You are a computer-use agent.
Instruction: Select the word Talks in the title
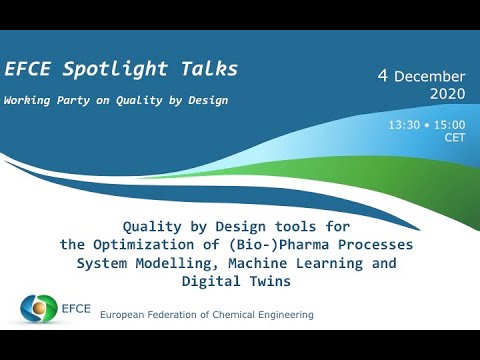pyautogui.click(x=208, y=69)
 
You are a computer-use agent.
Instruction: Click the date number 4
pyautogui.click(x=382, y=76)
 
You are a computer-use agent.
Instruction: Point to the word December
pyautogui.click(x=430, y=77)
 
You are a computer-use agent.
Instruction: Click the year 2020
pyautogui.click(x=447, y=94)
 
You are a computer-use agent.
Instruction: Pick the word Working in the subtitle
pyautogui.click(x=29, y=100)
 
